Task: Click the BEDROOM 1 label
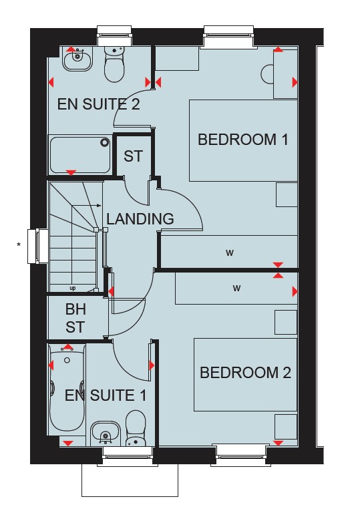coord(242,140)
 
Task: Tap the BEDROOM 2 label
coord(245,373)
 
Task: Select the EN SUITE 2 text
coord(99,104)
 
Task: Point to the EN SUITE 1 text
coord(106,395)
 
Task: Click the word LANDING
coord(140,219)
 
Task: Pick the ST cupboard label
coord(133,156)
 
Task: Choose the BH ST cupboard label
coord(75,318)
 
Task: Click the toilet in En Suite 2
coord(114,64)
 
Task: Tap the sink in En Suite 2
coord(77,59)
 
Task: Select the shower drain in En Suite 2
coord(105,142)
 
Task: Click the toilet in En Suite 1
coord(136,428)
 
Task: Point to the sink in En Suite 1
coord(105,434)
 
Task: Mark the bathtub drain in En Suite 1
coord(67,360)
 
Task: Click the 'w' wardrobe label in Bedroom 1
coord(230,253)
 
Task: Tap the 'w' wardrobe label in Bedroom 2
coord(236,288)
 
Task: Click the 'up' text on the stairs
coord(73,288)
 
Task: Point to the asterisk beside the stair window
coord(19,244)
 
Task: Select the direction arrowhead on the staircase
coord(99,205)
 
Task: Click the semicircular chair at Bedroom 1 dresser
coord(267,74)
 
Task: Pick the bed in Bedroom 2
coord(245,375)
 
